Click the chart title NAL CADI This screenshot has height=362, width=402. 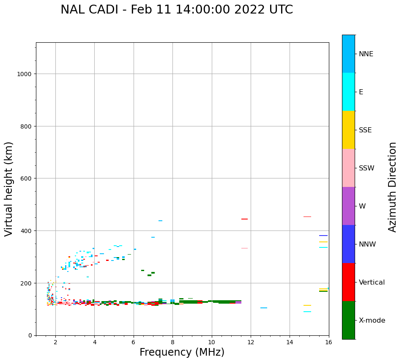(x=177, y=10)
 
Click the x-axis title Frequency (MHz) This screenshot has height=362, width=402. (x=182, y=352)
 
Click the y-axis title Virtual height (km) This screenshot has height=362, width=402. (x=9, y=189)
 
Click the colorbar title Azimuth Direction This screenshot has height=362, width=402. (x=392, y=187)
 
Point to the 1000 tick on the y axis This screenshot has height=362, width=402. (x=25, y=74)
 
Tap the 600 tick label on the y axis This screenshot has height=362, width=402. (x=27, y=178)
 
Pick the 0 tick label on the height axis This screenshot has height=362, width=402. (x=30, y=335)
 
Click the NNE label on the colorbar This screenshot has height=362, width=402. (x=366, y=54)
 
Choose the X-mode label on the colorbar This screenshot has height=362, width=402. (x=372, y=321)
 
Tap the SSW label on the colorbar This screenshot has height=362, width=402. (x=366, y=168)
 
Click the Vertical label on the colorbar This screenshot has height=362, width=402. (x=372, y=282)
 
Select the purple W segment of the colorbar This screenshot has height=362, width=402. (x=348, y=206)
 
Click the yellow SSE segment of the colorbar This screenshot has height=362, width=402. (x=348, y=130)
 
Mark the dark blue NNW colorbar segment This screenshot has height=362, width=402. (x=348, y=244)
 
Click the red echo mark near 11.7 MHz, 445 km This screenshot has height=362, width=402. (x=244, y=219)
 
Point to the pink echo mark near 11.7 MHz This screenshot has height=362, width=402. (x=244, y=248)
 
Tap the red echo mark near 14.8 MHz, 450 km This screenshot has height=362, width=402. (x=307, y=217)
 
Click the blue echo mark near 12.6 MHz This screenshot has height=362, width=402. (x=264, y=308)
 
